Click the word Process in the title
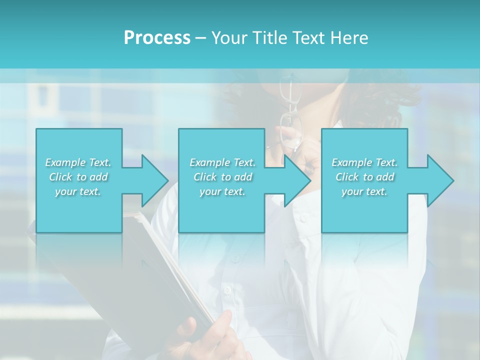click(157, 38)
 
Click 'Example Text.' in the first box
click(78, 162)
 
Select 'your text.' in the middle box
click(222, 192)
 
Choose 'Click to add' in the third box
click(364, 177)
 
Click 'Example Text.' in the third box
click(364, 162)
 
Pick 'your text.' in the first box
click(78, 192)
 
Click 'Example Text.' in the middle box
click(222, 162)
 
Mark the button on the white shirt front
click(228, 289)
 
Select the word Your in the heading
click(228, 38)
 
